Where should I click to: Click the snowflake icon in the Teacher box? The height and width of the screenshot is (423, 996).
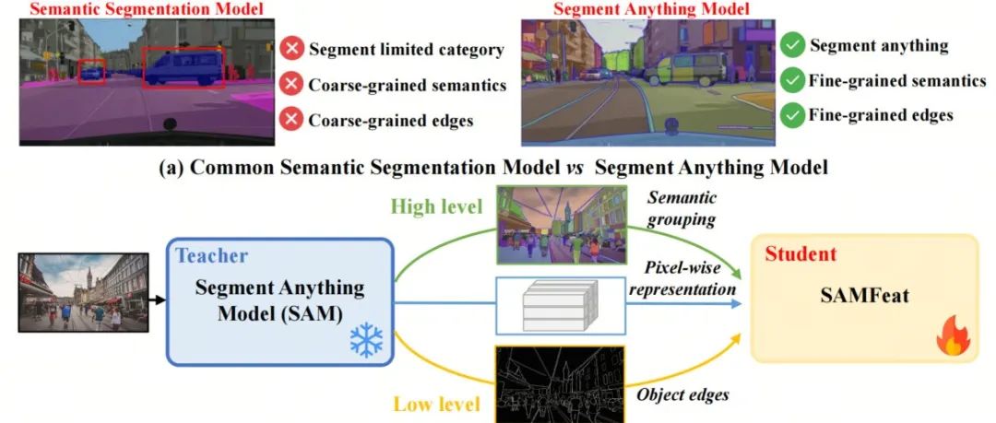pyautogui.click(x=366, y=339)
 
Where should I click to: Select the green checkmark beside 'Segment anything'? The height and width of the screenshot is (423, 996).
pyautogui.click(x=791, y=45)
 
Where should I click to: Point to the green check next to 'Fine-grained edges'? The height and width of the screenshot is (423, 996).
pyautogui.click(x=791, y=115)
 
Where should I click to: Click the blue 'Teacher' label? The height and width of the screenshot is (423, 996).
pyautogui.click(x=211, y=255)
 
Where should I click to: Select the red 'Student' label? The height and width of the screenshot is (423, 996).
pyautogui.click(x=800, y=254)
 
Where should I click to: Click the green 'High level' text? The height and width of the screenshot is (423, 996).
pyautogui.click(x=437, y=206)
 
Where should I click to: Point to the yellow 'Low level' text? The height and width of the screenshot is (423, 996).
pyautogui.click(x=436, y=404)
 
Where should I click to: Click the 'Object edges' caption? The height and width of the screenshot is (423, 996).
pyautogui.click(x=682, y=395)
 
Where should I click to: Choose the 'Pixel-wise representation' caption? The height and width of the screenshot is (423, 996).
pyautogui.click(x=682, y=278)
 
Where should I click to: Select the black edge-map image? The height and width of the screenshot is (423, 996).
pyautogui.click(x=560, y=383)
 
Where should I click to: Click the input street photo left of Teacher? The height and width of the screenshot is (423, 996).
pyautogui.click(x=83, y=292)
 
